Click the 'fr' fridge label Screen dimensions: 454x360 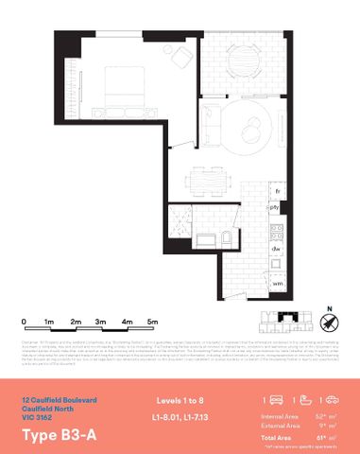click(277, 191)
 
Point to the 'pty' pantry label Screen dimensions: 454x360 click(275, 206)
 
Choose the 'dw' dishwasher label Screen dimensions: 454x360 click(276, 249)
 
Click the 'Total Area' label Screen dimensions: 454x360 click(278, 437)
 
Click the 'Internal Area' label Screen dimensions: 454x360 click(282, 415)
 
